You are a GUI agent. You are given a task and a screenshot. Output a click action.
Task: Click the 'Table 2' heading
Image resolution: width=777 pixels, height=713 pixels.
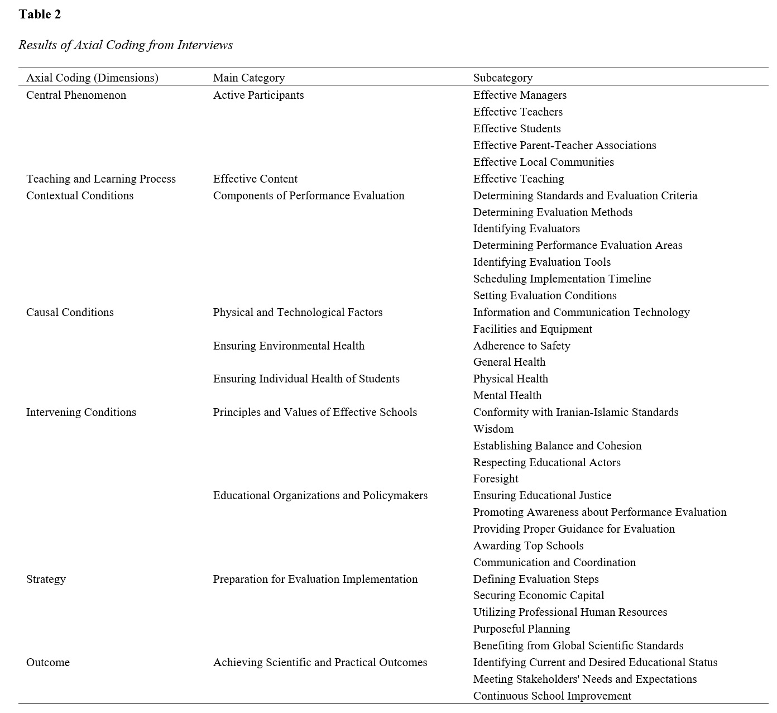click(40, 15)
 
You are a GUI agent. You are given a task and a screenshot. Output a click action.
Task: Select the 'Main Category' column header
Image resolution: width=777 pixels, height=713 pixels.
click(249, 78)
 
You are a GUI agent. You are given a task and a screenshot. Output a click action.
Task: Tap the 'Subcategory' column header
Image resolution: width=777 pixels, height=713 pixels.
click(503, 78)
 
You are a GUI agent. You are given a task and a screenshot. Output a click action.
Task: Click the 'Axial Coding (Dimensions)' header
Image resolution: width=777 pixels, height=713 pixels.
click(92, 78)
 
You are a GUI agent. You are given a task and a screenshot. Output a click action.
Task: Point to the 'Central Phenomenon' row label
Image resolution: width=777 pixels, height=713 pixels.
click(76, 95)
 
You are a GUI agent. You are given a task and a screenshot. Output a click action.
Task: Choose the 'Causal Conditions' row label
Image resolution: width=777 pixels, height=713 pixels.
click(70, 312)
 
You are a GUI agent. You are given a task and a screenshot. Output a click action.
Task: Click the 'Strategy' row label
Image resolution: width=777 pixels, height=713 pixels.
click(46, 579)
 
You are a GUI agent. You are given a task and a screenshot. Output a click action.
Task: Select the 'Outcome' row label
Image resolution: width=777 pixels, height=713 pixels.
click(48, 662)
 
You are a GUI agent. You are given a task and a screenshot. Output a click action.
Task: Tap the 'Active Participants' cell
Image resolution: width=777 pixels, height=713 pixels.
click(258, 95)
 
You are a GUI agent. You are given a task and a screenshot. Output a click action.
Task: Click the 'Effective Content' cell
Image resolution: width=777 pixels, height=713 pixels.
click(255, 179)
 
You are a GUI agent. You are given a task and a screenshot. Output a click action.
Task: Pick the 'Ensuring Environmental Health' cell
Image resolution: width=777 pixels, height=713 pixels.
click(289, 346)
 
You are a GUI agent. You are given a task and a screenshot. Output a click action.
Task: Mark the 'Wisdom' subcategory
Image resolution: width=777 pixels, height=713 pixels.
click(493, 429)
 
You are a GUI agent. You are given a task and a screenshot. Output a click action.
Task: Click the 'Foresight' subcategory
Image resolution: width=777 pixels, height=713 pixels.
click(496, 478)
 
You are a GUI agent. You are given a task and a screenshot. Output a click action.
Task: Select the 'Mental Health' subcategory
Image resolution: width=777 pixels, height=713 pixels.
click(507, 395)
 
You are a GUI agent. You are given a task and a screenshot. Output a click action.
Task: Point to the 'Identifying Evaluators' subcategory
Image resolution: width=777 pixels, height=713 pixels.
click(526, 228)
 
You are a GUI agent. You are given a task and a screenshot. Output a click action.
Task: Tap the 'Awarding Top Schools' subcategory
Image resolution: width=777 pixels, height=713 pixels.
click(528, 545)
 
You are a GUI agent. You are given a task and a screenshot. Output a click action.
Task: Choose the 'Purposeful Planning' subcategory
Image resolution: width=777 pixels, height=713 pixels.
click(521, 629)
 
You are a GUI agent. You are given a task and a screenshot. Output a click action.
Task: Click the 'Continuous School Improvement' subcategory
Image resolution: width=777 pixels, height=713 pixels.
click(552, 696)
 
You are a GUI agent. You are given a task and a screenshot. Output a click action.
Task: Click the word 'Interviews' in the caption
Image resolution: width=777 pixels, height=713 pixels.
click(205, 45)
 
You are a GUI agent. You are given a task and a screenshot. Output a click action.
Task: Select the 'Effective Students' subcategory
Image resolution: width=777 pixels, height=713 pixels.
click(517, 128)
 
